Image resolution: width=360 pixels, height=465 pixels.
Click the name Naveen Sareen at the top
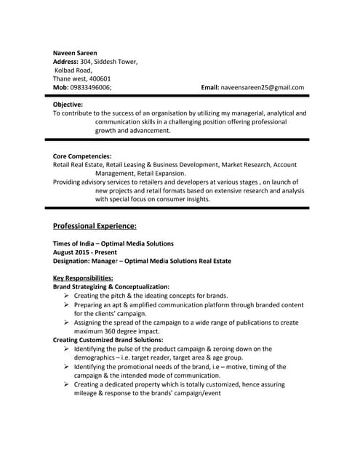[75, 52]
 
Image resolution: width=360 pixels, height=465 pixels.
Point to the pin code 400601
[97, 78]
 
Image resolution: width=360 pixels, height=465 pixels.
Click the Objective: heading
[68, 105]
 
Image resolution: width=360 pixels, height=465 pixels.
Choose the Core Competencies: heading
[82, 156]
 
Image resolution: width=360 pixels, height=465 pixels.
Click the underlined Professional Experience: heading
[95, 226]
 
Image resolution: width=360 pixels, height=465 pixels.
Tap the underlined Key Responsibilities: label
[83, 278]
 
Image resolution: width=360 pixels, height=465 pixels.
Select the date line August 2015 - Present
[89, 251]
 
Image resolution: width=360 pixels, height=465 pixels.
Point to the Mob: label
[61, 87]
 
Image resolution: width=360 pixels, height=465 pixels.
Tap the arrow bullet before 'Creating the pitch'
[66, 296]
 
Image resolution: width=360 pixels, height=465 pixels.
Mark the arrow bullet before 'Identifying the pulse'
[66, 349]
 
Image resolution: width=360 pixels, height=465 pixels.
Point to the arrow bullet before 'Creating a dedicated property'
[66, 384]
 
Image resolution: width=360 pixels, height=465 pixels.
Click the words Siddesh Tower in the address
[115, 61]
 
